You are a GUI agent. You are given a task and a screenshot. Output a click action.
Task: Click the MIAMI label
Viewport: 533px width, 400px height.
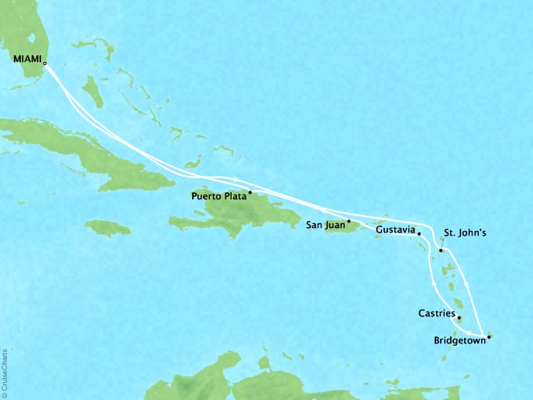pos(27,58)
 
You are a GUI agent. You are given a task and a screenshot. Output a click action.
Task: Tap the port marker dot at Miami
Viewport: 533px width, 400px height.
pos(45,64)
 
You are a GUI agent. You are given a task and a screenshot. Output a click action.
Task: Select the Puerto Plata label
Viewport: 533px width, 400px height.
pos(218,197)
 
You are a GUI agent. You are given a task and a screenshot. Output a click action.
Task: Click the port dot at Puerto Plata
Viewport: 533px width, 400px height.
pos(249,191)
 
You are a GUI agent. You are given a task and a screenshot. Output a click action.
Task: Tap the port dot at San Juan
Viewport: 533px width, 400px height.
pos(349,221)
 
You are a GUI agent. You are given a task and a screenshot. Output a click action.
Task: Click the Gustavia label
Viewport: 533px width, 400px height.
pos(394,230)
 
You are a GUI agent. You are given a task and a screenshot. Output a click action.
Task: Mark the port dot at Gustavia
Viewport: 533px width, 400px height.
pos(418,233)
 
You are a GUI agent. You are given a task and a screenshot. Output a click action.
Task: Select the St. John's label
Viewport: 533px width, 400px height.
pos(464,231)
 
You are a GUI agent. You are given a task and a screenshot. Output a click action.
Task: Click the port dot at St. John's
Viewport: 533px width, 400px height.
pos(441,250)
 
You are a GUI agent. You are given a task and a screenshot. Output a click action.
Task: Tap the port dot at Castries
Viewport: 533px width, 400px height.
pos(459,318)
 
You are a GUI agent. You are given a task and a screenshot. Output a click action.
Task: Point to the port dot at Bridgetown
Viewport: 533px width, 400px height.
pos(489,336)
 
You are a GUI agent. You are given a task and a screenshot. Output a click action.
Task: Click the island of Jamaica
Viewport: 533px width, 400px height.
pos(108,228)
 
